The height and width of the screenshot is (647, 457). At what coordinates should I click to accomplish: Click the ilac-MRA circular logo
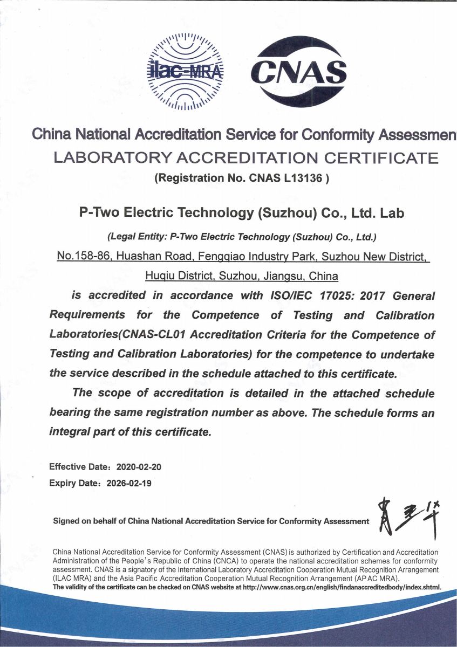point(185,71)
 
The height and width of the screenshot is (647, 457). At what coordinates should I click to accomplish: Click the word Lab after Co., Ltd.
point(392,213)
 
